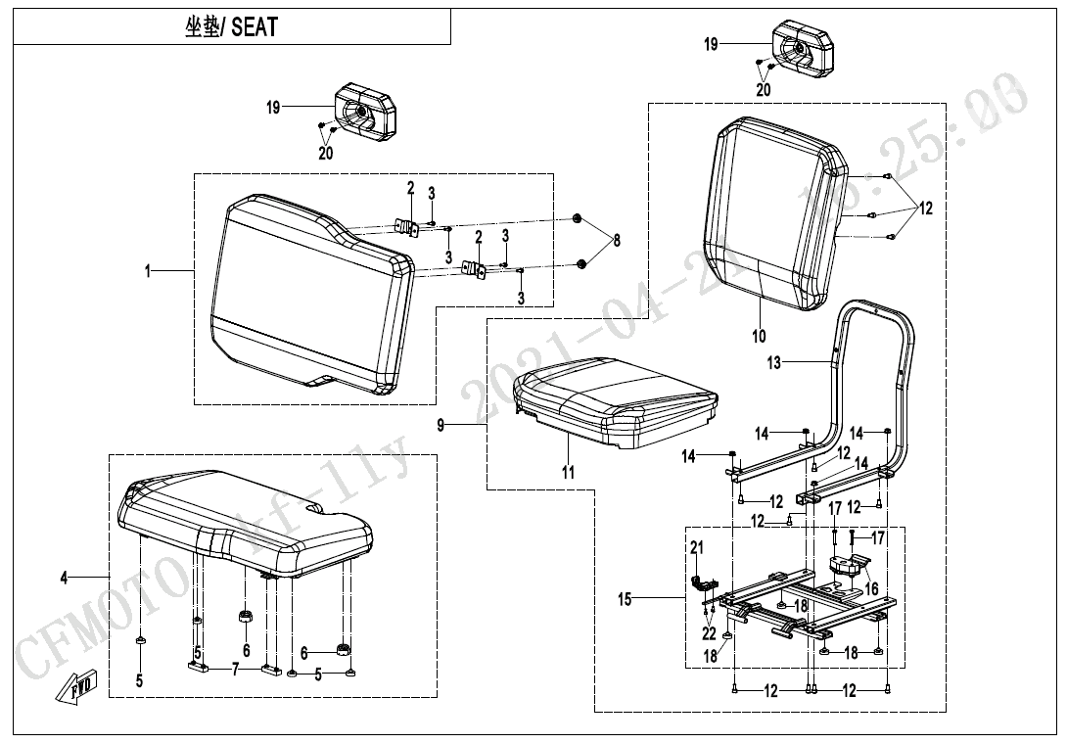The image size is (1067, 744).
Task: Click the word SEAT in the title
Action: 254,27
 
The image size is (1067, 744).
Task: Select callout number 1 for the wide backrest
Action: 149,271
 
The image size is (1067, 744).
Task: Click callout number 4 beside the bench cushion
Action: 65,579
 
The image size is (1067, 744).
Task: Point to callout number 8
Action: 617,240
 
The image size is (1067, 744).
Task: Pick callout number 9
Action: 441,425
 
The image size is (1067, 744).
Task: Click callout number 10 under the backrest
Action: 759,337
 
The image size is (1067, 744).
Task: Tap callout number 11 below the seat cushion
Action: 569,473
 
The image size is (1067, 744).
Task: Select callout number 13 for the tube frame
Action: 774,363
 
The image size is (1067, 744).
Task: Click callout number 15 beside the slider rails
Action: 625,600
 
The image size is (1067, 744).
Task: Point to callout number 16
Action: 870,588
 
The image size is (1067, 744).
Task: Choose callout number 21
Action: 697,548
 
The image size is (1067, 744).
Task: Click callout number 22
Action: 708,633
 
